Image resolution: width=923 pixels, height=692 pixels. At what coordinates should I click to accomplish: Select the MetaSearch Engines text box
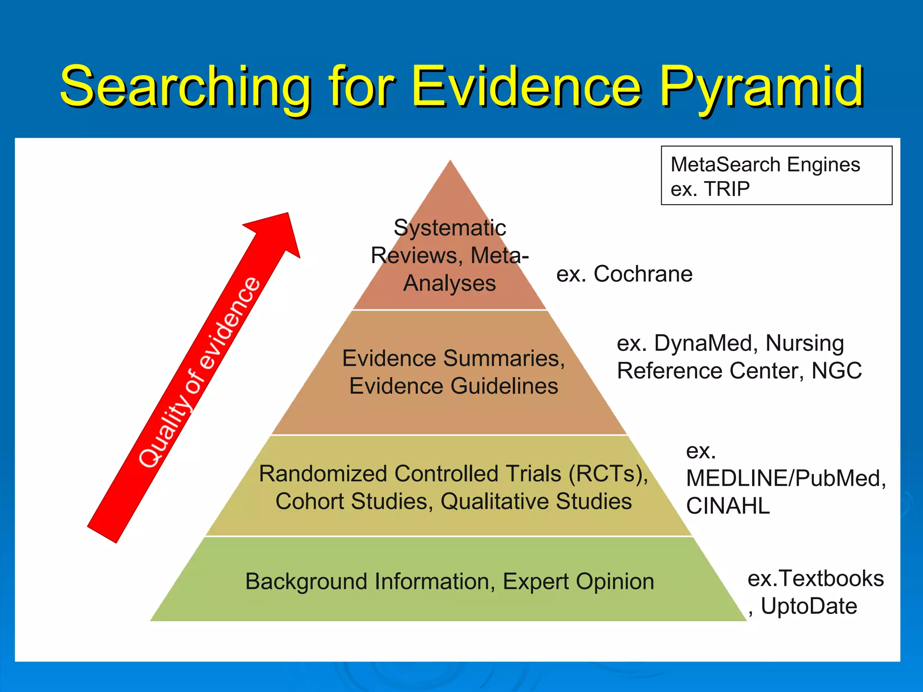coord(776,176)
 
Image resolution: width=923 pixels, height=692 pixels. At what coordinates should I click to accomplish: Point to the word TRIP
coord(727,189)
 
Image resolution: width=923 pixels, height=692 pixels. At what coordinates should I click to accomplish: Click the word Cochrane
coord(643,274)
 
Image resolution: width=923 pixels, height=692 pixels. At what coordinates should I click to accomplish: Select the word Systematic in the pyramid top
coord(450,228)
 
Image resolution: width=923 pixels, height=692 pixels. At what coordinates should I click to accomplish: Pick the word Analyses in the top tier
coord(450,283)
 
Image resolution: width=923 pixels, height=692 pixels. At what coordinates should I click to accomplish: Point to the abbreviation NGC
coord(836,371)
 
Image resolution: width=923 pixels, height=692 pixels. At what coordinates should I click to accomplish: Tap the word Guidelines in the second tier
coord(504,386)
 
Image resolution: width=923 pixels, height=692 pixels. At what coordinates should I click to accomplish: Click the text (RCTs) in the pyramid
coord(608,474)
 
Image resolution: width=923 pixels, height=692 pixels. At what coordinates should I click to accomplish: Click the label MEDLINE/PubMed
coord(786,478)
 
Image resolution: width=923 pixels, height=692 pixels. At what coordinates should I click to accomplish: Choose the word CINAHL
coord(727,506)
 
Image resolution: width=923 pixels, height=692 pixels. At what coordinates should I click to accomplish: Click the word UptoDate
coord(809,606)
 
